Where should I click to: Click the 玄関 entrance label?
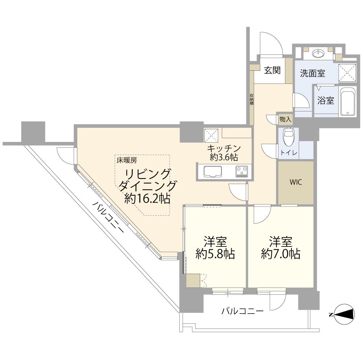[272, 70]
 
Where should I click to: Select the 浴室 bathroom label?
[326, 101]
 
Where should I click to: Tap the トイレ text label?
[289, 153]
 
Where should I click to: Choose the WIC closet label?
[295, 182]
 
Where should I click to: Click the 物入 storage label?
[285, 119]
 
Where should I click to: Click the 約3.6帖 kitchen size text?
[224, 157]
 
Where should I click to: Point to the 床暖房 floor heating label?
[126, 159]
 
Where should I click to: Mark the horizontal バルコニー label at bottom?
[242, 311]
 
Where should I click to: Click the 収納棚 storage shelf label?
[251, 99]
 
